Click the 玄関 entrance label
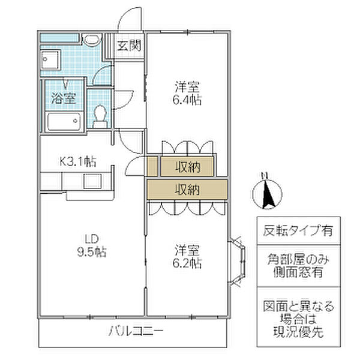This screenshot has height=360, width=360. point(129,46)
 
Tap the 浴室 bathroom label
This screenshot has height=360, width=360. point(64,98)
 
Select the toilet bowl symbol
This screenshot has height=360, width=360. point(100,116)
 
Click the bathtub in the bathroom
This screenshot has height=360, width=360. point(63,121)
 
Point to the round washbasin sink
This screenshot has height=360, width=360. point(92,40)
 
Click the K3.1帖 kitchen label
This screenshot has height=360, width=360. point(78,161)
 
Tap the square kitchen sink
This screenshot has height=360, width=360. point(92,181)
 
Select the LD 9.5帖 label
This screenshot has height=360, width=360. point(92,245)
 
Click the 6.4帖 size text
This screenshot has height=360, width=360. point(187,100)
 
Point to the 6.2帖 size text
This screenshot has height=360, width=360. point(187,263)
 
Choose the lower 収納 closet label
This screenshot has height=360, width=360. point(187,190)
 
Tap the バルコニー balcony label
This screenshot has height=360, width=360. point(136,331)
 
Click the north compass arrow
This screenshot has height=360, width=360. point(267,194)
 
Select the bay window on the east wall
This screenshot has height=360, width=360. point(237,261)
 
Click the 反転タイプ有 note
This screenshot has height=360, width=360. point(298,231)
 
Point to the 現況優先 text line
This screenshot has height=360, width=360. point(298,331)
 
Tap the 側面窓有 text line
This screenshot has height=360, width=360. point(298,272)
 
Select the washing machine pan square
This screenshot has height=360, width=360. point(50,60)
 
